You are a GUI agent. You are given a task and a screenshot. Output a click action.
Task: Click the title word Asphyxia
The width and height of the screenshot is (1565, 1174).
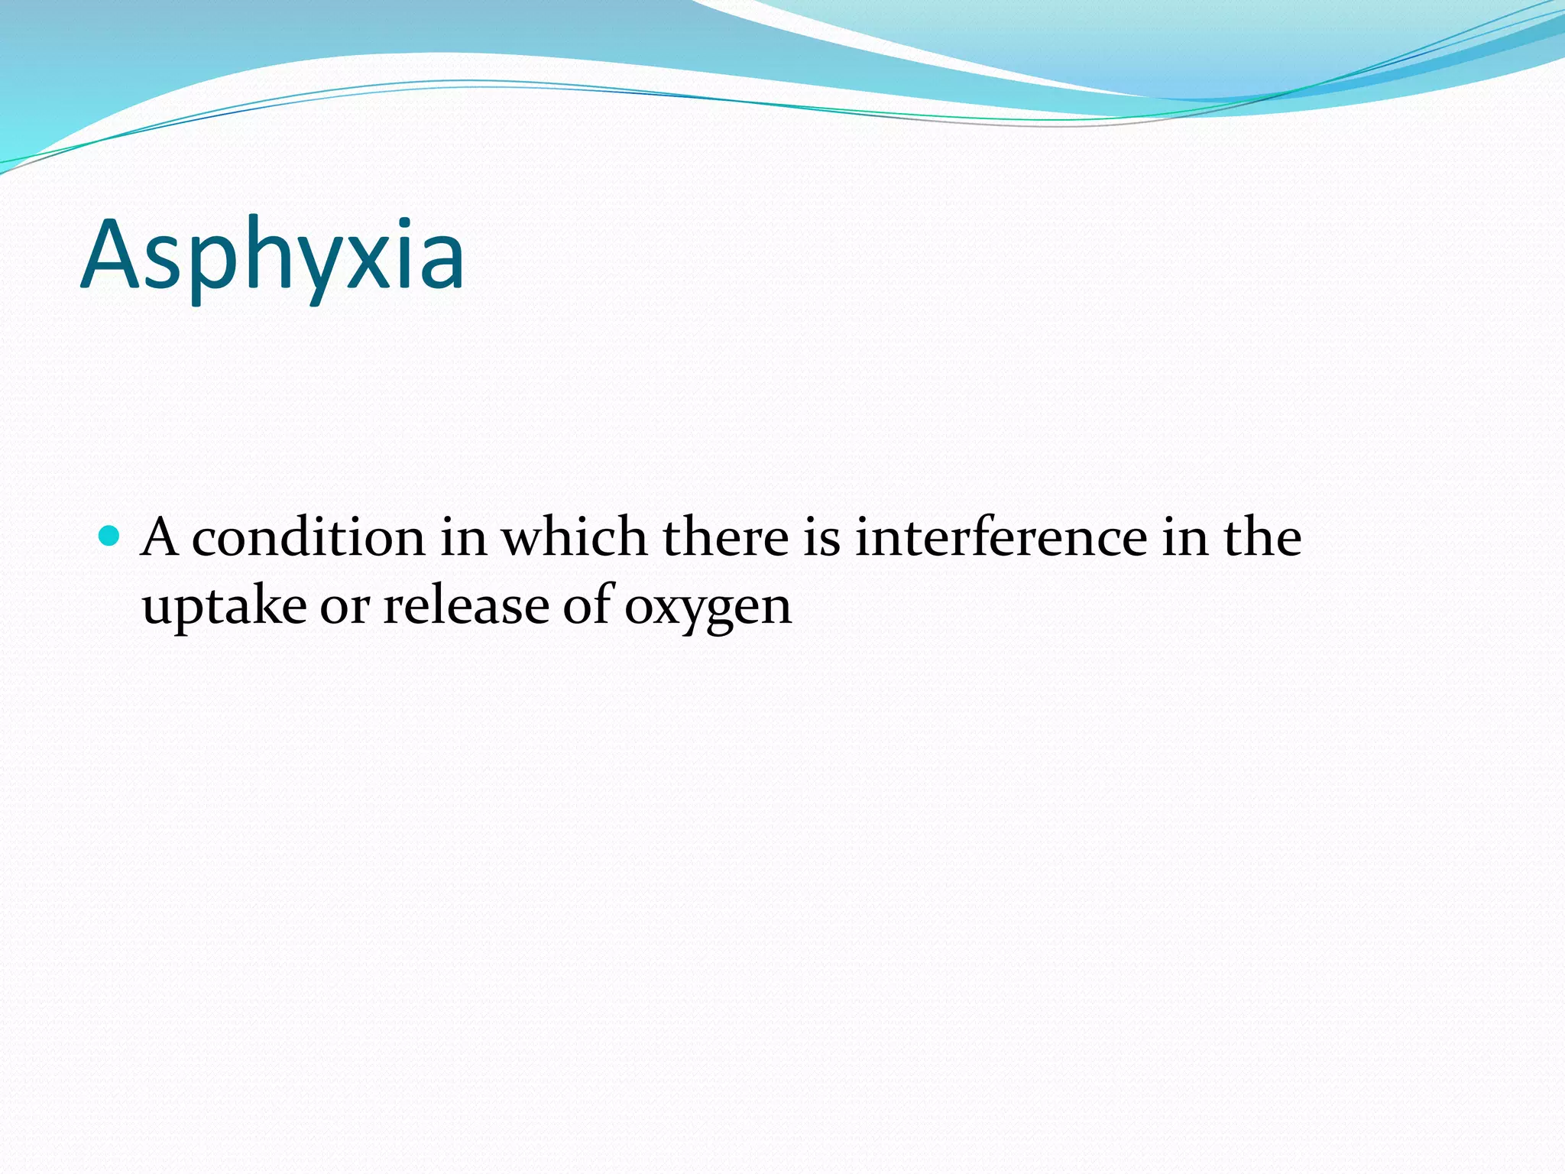272,255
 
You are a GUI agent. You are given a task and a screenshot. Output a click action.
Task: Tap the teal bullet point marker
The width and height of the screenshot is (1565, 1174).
110,535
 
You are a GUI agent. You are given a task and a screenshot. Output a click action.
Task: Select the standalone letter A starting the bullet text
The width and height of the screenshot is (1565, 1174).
160,537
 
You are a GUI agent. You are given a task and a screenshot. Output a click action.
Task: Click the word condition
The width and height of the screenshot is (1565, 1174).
308,537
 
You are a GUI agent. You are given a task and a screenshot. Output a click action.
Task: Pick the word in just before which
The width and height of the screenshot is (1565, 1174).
463,537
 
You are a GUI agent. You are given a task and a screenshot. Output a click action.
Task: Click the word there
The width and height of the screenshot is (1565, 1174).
725,537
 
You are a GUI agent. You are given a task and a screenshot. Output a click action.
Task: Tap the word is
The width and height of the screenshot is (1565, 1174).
821,537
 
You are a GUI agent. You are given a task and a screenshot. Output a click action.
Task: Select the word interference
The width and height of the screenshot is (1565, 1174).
1001,537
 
